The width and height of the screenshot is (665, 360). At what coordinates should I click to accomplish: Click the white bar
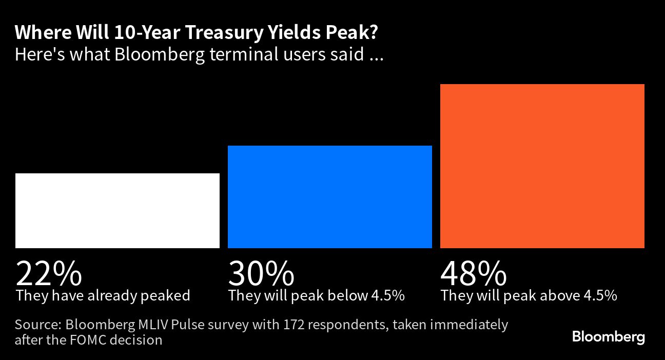(x=118, y=211)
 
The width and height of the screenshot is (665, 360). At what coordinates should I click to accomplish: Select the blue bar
(x=330, y=197)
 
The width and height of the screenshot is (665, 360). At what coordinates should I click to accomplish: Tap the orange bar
(x=542, y=166)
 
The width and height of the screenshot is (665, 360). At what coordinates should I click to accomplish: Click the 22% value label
(x=49, y=274)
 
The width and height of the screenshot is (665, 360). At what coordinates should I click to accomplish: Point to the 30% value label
(x=261, y=274)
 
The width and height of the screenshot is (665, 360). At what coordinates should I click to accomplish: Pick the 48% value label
(x=474, y=274)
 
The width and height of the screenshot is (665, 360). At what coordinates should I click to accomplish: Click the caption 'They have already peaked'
(x=103, y=296)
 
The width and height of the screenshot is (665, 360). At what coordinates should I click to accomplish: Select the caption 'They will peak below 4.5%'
(x=317, y=296)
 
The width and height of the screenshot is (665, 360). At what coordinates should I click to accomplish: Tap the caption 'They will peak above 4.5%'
(x=529, y=296)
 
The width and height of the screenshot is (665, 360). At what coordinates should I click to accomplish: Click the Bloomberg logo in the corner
(x=609, y=337)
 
